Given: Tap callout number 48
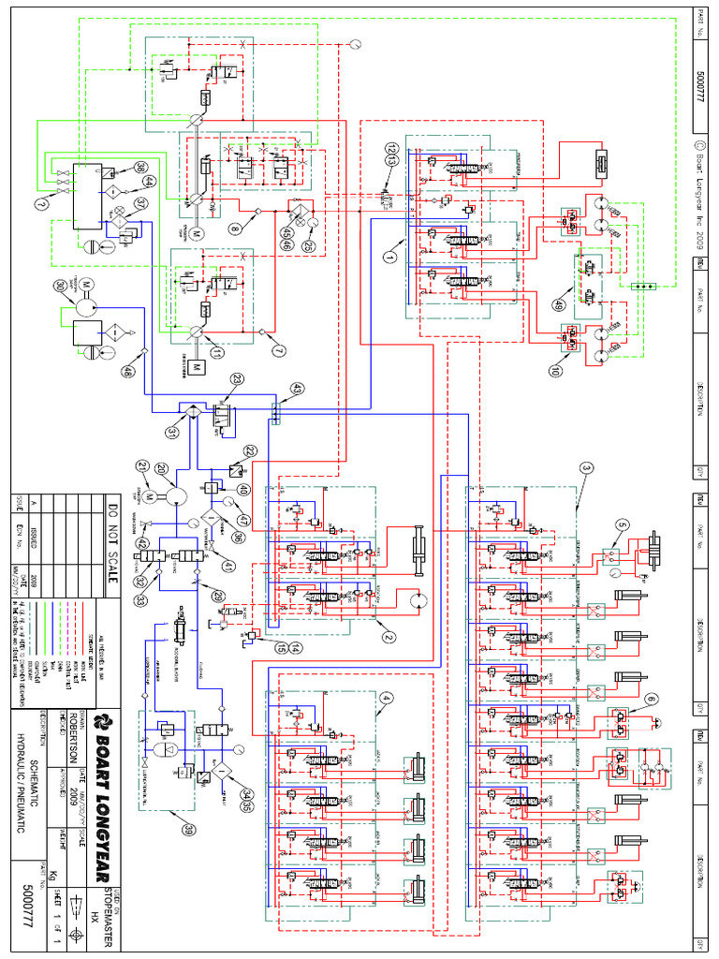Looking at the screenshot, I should [x=126, y=370].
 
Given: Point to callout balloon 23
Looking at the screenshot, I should [x=238, y=380].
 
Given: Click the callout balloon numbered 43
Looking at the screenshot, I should [x=297, y=388].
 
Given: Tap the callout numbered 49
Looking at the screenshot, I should [x=559, y=304].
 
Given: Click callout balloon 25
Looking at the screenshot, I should [x=307, y=247].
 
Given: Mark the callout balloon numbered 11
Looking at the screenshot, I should [x=216, y=353].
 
